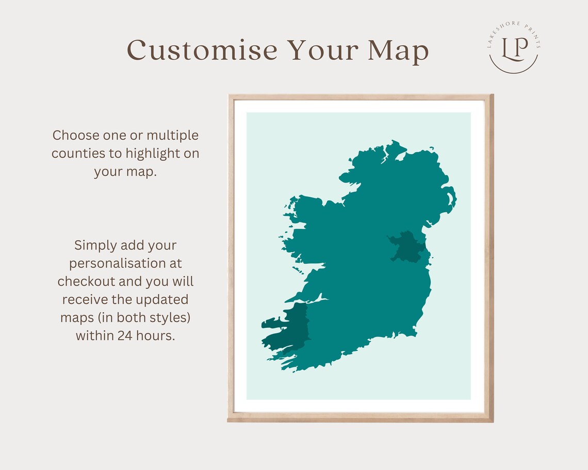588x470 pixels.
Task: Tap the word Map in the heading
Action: click(x=398, y=51)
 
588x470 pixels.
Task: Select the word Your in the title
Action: click(x=322, y=51)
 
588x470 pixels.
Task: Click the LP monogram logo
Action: click(x=514, y=47)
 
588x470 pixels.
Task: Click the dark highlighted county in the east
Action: click(x=407, y=246)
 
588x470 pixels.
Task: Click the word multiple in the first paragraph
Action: click(x=173, y=136)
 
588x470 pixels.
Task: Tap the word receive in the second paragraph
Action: click(x=88, y=299)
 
